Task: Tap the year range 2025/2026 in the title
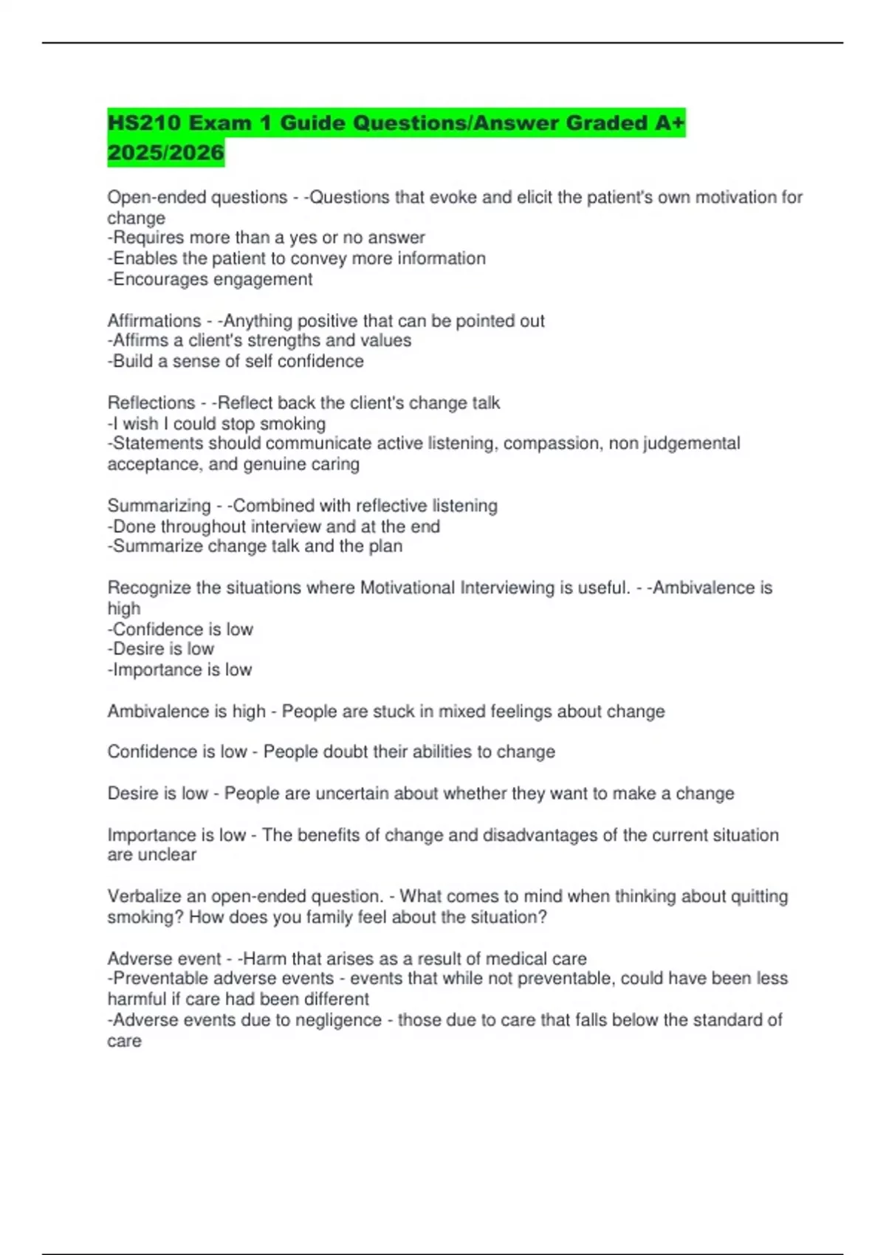165,153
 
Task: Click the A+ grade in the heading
670,123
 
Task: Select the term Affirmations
154,321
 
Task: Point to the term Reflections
151,403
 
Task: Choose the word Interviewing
507,588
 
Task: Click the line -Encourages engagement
210,280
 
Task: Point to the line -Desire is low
161,649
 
